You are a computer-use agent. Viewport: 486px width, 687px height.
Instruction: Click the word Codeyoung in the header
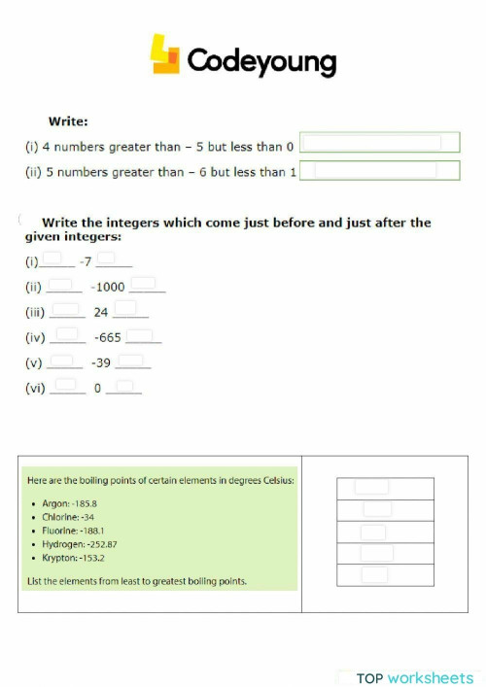[260, 61]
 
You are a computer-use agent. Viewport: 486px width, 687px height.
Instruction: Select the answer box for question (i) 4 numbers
[379, 143]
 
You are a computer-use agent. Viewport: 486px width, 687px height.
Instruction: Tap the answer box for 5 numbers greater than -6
[379, 171]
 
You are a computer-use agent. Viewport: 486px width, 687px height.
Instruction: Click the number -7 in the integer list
[86, 262]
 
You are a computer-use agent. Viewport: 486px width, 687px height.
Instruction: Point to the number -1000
[107, 288]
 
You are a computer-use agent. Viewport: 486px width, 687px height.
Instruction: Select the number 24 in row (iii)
[101, 313]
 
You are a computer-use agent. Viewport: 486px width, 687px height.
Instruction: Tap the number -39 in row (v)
[101, 363]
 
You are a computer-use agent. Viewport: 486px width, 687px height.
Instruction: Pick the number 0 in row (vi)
[97, 389]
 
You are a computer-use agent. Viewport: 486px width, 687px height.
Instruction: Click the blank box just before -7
[54, 259]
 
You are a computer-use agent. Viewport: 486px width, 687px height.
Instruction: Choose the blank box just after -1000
[145, 285]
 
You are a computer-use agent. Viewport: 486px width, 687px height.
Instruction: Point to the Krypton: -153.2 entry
[74, 559]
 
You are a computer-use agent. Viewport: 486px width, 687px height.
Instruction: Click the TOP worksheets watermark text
[414, 678]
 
